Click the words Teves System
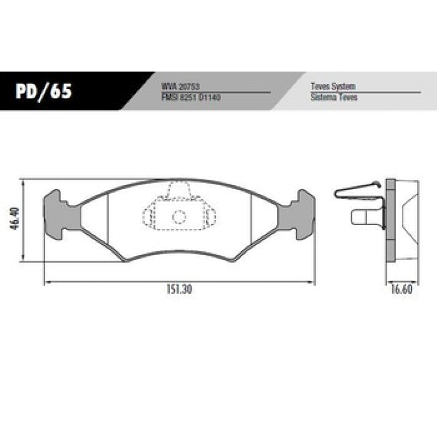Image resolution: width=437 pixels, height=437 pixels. point(333,87)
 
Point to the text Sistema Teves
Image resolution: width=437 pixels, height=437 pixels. point(334,97)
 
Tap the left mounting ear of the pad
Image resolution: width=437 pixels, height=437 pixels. point(55,214)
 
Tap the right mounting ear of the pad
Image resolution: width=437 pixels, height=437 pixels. point(304,214)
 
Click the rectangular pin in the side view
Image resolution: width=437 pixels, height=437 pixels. point(365,217)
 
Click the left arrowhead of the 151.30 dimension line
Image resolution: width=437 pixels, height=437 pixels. point(46,282)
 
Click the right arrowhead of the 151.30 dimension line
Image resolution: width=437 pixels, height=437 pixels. point(314,282)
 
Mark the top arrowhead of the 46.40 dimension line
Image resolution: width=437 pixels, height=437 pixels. point(23,182)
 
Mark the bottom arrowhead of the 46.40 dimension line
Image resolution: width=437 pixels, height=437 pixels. point(23,260)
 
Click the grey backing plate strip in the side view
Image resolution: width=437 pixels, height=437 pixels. point(390,221)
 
